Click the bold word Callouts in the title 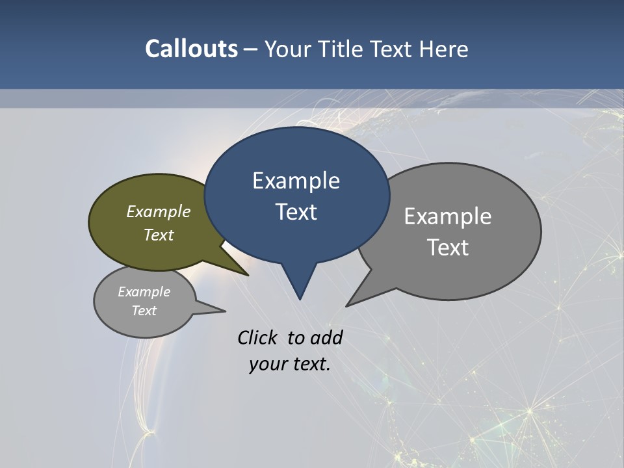click(x=191, y=49)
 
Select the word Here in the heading click(x=443, y=49)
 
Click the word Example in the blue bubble click(x=296, y=181)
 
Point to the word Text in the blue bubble click(x=296, y=212)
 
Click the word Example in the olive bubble click(x=159, y=211)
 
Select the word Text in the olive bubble click(x=159, y=235)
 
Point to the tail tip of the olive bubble click(x=247, y=274)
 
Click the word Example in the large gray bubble click(x=448, y=216)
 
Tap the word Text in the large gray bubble click(x=448, y=248)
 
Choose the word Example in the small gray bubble click(x=144, y=292)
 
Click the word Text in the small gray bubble click(x=144, y=311)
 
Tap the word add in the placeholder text click(x=326, y=337)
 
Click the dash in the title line click(x=252, y=49)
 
